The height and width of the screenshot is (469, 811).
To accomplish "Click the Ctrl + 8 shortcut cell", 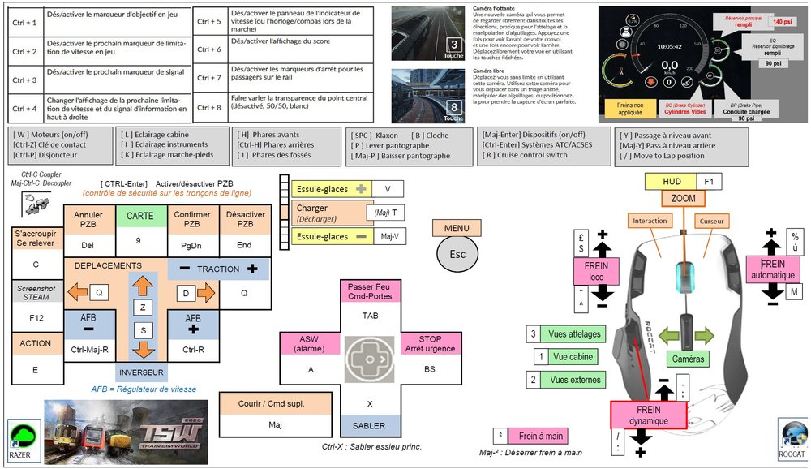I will (209, 106).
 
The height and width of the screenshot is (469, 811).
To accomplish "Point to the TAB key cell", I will (370, 315).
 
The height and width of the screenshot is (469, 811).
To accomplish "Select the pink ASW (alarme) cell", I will (310, 343).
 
